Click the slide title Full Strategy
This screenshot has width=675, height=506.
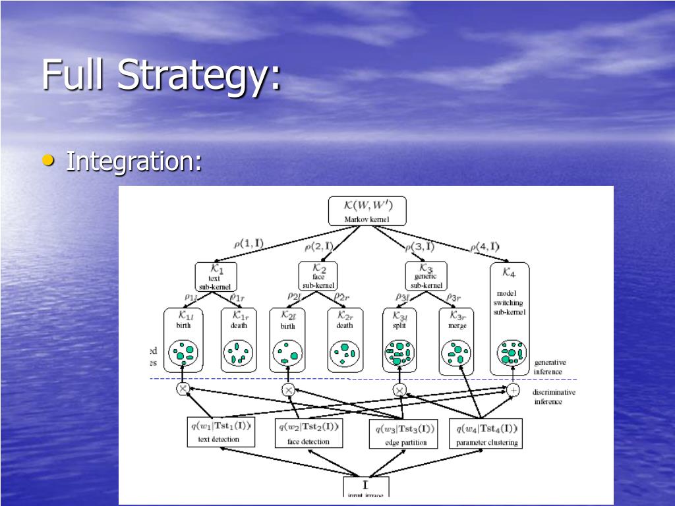pos(161,74)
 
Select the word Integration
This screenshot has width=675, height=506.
pos(134,161)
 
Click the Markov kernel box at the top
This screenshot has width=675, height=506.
pos(367,211)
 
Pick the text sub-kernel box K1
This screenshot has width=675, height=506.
pos(216,276)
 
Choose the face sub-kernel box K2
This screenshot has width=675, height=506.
pos(318,276)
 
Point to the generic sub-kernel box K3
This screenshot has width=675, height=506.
pos(426,276)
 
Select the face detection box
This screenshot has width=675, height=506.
pos(308,433)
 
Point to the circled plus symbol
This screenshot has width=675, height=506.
pos(513,390)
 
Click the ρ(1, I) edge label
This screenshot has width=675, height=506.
pos(248,244)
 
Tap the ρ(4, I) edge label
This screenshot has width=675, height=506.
pos(484,247)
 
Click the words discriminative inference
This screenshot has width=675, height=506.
pos(554,397)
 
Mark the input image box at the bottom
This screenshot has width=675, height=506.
pos(366,488)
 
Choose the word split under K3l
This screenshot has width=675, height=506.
pos(398,325)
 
